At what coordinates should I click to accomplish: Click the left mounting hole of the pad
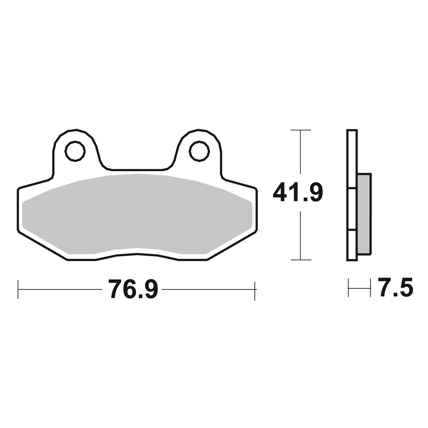click(75, 151)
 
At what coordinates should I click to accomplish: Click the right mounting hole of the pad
click(199, 151)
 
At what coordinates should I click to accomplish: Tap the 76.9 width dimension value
click(133, 289)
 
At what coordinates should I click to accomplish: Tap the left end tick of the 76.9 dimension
click(18, 289)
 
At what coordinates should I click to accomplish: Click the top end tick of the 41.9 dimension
click(301, 130)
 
